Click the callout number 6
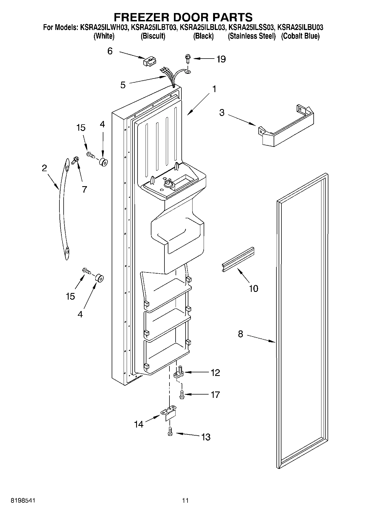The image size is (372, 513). (x=110, y=51)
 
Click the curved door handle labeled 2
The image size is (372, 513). (x=63, y=209)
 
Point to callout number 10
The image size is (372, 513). (x=253, y=288)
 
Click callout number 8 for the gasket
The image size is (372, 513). (x=240, y=334)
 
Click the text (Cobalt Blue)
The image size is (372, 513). (x=300, y=36)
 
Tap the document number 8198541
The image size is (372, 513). (x=23, y=500)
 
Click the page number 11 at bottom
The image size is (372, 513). (x=185, y=500)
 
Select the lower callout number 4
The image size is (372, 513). (x=80, y=314)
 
